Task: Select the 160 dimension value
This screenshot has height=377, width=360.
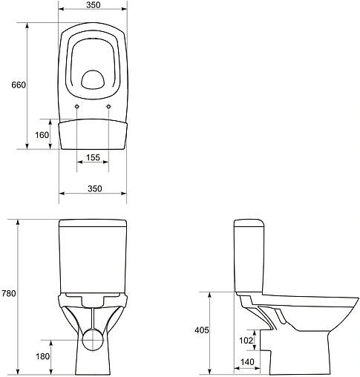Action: [42, 135]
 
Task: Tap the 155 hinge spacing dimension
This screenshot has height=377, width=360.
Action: [93, 157]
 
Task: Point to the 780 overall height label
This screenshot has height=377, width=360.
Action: [9, 294]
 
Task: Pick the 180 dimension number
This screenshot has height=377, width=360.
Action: [42, 357]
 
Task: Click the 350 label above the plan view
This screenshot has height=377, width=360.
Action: [94, 5]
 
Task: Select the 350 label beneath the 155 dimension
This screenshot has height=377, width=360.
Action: [94, 188]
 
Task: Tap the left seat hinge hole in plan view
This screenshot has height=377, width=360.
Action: [78, 108]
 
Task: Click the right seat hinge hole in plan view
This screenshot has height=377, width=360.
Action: [109, 108]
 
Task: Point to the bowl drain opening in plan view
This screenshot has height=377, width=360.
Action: [94, 79]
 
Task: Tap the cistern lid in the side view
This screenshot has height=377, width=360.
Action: [250, 223]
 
